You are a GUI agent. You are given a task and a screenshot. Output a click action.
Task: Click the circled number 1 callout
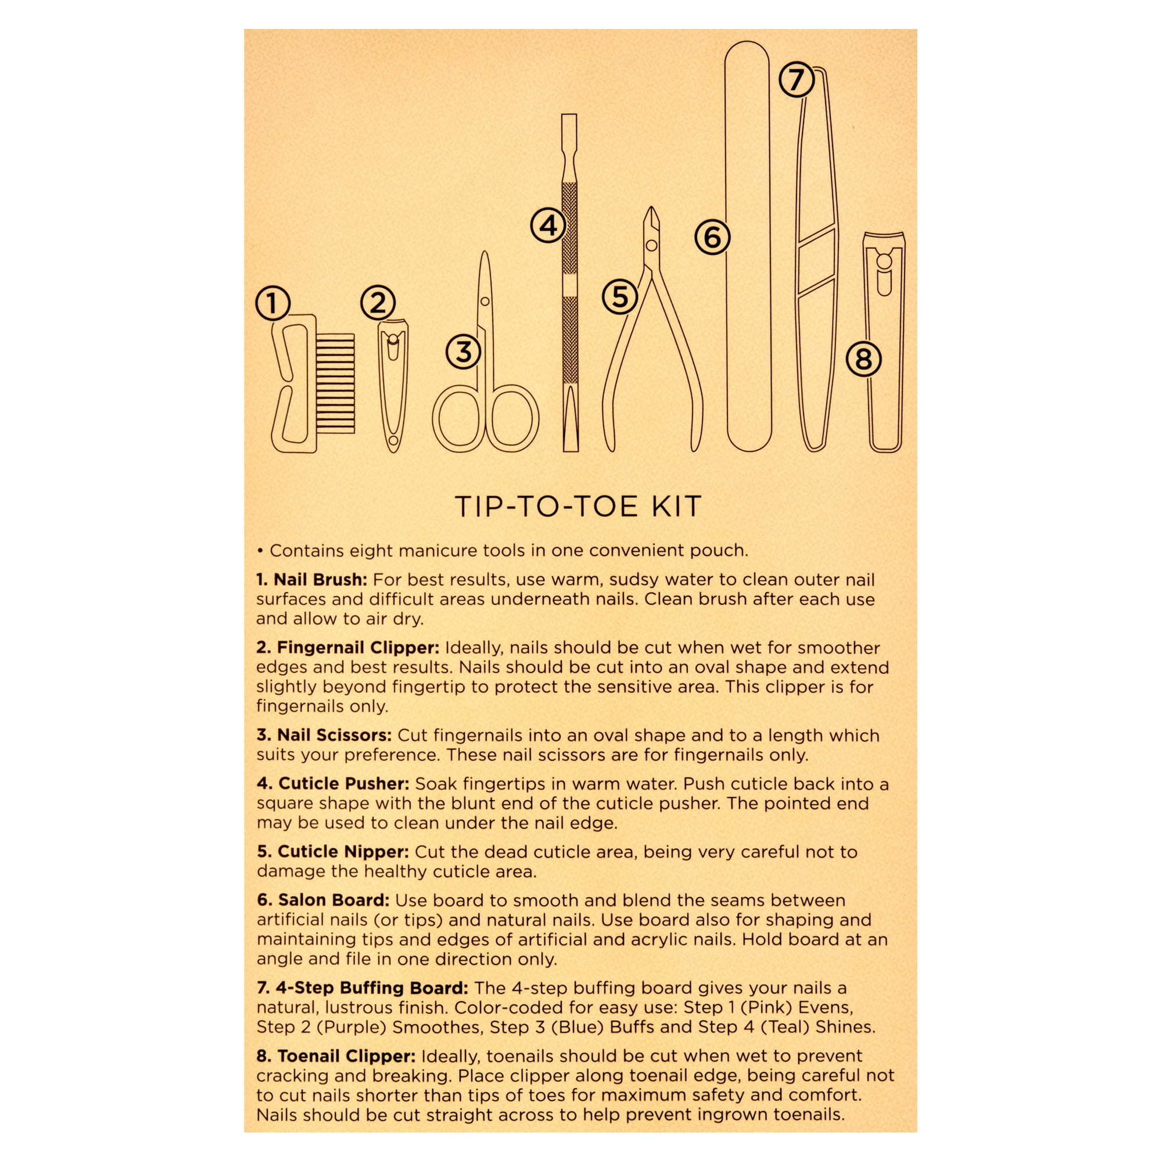click(x=272, y=303)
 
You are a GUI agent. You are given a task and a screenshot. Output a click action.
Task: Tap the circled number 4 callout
click(x=548, y=225)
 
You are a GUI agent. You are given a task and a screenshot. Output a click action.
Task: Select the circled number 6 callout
click(x=712, y=237)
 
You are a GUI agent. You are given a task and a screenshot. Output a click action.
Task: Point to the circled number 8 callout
click(x=864, y=360)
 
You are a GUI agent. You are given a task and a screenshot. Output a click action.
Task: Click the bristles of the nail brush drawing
click(x=336, y=383)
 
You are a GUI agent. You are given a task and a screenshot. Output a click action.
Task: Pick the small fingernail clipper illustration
click(x=393, y=386)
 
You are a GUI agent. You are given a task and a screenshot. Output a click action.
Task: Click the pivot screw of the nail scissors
click(x=485, y=301)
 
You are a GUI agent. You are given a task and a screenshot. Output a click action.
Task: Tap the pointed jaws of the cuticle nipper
click(x=651, y=225)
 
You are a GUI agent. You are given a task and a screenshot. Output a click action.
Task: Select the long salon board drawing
click(x=748, y=246)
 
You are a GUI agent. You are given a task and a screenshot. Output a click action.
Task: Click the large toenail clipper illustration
click(x=884, y=342)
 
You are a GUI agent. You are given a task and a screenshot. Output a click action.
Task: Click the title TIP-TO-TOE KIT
click(x=578, y=507)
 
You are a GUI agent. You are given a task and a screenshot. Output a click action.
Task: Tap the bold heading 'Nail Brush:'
click(x=311, y=580)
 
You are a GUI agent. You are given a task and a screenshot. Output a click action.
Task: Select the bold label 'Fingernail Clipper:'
click(x=348, y=648)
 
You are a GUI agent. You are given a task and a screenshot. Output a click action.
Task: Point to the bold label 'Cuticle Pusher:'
click(x=333, y=784)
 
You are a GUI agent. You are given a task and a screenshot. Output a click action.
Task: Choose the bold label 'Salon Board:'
click(x=323, y=901)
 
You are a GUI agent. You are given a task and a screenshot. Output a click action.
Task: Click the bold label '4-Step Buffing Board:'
click(x=363, y=988)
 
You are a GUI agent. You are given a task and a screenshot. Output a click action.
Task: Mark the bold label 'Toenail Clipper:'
click(x=336, y=1056)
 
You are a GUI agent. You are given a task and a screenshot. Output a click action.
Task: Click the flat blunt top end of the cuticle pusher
click(x=569, y=116)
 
